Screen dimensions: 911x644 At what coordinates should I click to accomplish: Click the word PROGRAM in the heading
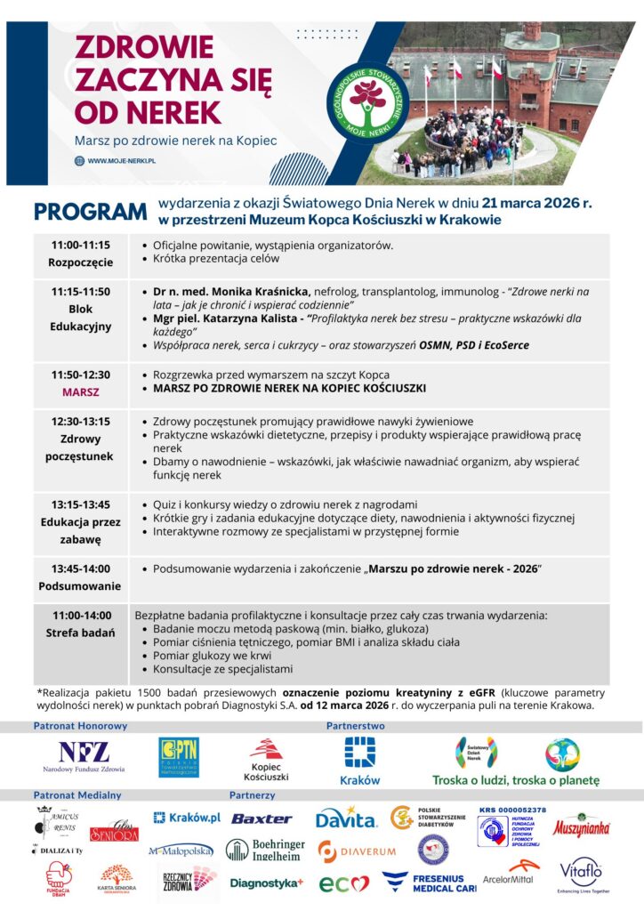89,212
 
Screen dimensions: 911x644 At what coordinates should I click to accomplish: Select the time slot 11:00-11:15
81,245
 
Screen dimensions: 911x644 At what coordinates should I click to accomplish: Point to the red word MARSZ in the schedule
81,391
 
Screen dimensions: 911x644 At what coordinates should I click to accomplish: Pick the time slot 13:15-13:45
81,504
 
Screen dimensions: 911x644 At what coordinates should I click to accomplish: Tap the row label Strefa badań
81,633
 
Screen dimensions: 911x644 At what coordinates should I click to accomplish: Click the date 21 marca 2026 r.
536,204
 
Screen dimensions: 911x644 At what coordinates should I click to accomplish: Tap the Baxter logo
262,818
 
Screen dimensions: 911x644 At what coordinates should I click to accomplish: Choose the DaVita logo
346,817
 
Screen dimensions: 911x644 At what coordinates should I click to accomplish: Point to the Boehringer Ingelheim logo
265,851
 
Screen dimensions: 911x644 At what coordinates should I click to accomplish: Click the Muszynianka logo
582,826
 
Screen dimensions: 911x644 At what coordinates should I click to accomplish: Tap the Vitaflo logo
584,875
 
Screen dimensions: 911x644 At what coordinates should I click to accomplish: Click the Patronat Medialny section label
77,794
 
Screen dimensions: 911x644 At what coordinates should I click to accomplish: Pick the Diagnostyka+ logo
266,883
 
